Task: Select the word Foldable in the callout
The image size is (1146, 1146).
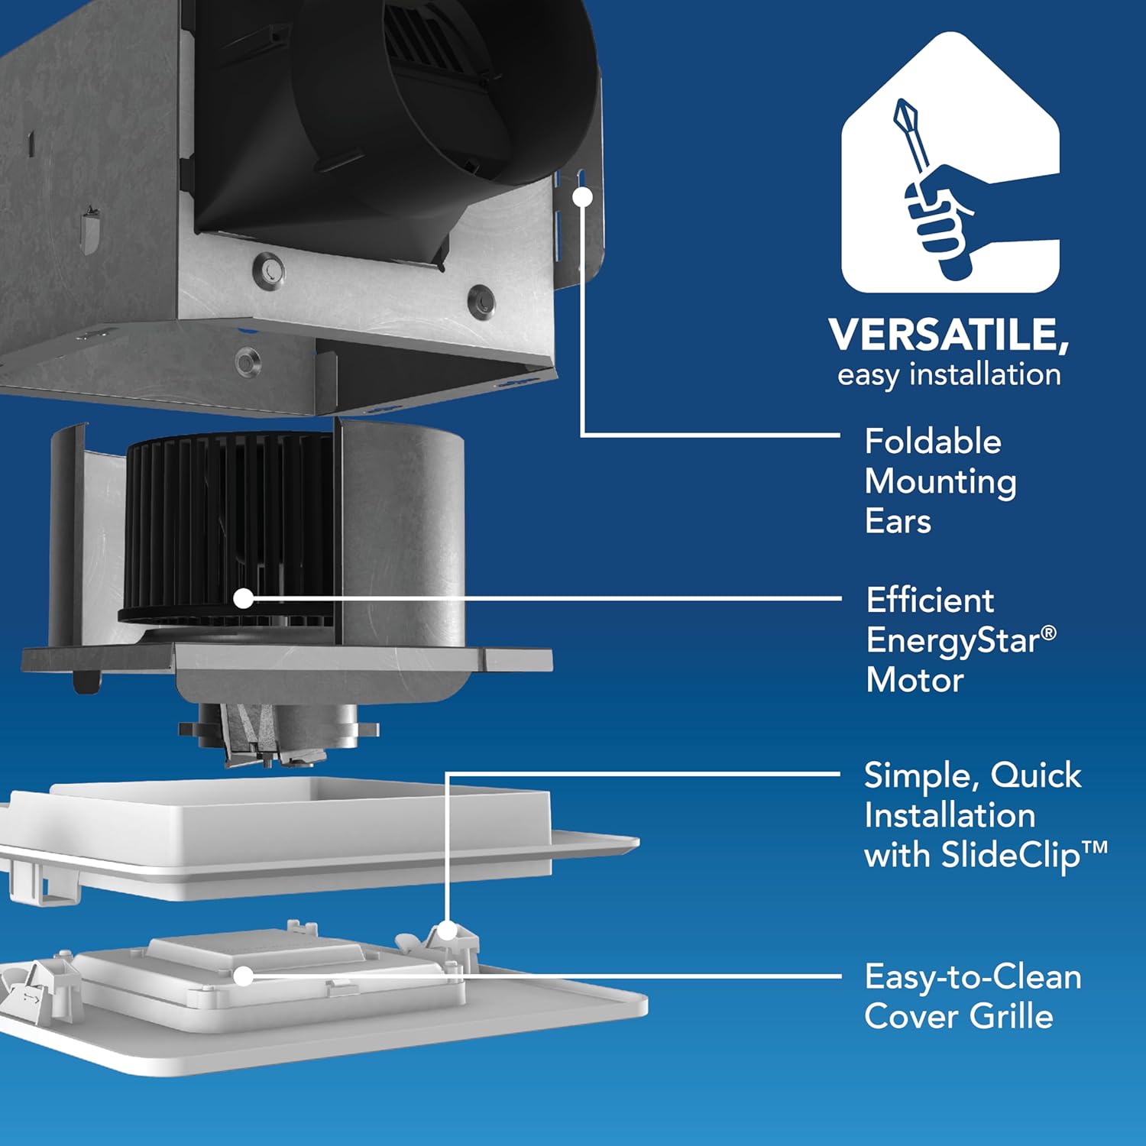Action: [933, 442]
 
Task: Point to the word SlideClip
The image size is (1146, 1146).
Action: [1011, 855]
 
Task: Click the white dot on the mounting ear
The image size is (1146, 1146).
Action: [582, 196]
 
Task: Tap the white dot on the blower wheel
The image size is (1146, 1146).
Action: [243, 598]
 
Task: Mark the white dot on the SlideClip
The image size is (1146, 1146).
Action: [448, 931]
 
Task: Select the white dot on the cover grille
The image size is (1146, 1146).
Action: [243, 976]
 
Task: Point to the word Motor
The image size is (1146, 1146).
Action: [915, 680]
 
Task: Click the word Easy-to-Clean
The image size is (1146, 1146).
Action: [973, 977]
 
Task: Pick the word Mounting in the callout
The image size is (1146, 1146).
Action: [940, 483]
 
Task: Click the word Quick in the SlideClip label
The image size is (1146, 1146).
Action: [1036, 776]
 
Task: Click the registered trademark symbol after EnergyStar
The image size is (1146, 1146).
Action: [1049, 633]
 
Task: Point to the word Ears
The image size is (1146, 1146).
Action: [898, 522]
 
